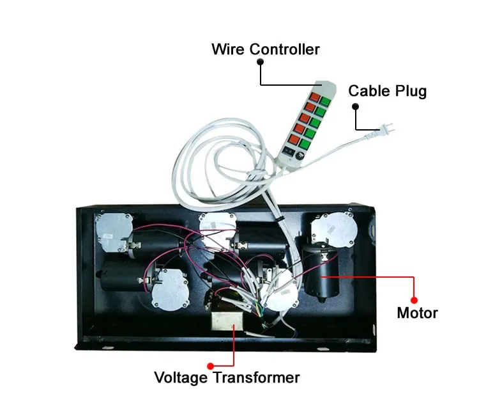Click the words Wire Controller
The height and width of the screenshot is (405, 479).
266,49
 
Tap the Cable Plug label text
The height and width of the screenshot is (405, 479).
387,91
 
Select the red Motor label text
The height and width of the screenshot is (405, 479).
416,314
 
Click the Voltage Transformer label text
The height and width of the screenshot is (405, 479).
226,377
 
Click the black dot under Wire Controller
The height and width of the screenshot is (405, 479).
261,63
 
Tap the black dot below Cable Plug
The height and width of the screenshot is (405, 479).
355,106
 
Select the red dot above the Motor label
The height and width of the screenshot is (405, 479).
414,299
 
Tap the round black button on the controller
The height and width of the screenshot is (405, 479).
298,151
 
